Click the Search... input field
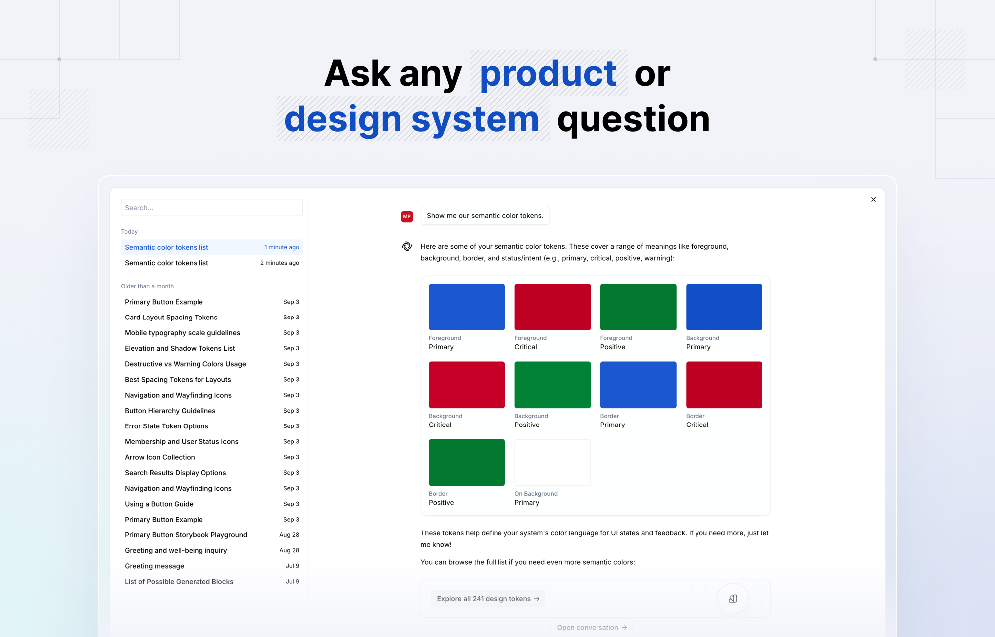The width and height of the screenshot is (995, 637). click(x=211, y=208)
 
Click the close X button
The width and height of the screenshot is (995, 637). click(x=873, y=199)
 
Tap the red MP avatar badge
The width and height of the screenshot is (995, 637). click(x=407, y=216)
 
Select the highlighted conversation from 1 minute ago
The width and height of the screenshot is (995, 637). click(x=211, y=247)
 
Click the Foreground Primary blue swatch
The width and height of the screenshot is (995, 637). click(x=467, y=307)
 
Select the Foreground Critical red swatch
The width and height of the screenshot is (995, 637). click(x=552, y=307)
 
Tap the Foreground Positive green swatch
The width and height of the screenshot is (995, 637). click(x=638, y=307)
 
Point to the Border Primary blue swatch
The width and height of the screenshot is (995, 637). click(x=638, y=385)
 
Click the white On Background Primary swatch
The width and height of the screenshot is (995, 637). click(x=552, y=462)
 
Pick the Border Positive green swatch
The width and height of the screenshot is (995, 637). click(x=467, y=462)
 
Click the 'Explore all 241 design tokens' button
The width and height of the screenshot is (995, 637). click(x=488, y=599)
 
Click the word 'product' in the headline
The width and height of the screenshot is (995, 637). click(x=548, y=74)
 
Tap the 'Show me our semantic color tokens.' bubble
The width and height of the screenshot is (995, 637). click(x=485, y=216)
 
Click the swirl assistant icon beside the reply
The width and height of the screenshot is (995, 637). click(x=407, y=246)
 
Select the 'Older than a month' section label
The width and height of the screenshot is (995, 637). click(x=147, y=286)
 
